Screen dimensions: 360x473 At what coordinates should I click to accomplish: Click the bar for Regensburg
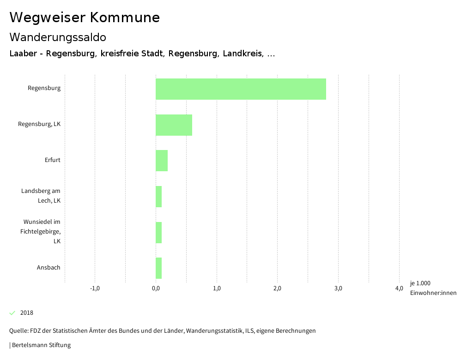click(241, 89)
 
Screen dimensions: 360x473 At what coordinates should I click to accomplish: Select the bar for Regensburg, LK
click(174, 125)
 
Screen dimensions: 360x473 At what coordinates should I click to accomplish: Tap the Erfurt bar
click(162, 161)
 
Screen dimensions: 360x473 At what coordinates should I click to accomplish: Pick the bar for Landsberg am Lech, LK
click(158, 197)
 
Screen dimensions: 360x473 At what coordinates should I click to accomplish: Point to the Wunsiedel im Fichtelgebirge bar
click(158, 232)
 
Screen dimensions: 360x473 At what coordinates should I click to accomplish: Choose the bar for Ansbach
click(158, 268)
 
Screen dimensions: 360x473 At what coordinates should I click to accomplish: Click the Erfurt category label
click(53, 160)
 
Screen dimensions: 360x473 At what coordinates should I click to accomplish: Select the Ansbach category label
click(49, 267)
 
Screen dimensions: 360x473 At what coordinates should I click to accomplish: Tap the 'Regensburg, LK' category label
click(39, 124)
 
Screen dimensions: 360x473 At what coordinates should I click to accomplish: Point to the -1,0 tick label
click(95, 288)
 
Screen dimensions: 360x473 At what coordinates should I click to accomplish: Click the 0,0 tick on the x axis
click(156, 288)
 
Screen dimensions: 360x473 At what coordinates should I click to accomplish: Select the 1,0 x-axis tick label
click(217, 288)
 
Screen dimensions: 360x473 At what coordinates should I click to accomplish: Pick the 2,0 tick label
click(277, 288)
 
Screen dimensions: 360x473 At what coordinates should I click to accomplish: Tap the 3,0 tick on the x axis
click(338, 288)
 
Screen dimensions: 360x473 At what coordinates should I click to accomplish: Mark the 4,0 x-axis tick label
click(399, 288)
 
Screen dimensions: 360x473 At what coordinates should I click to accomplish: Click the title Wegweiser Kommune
click(85, 17)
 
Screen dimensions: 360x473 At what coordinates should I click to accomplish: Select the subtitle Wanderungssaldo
click(58, 37)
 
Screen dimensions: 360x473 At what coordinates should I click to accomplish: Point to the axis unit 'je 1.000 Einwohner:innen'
click(433, 288)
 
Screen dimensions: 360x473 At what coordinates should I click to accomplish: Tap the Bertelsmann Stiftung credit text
click(41, 345)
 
